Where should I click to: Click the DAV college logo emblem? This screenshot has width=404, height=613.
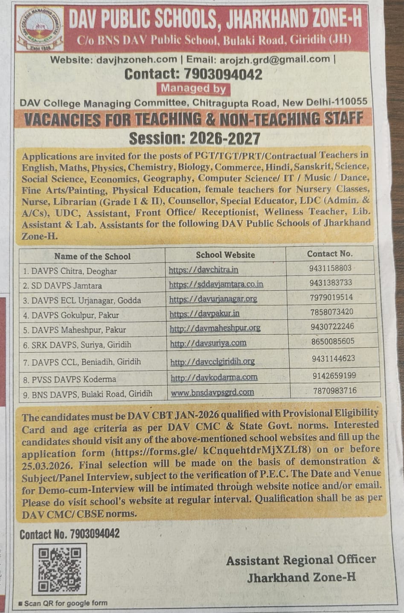click(40, 29)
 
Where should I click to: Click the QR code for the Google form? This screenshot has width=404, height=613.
click(59, 569)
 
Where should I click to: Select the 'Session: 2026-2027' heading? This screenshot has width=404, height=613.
click(195, 138)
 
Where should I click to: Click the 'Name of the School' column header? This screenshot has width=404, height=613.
click(92, 256)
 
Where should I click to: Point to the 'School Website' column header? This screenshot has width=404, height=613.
click(225, 255)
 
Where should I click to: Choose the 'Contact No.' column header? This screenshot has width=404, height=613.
click(330, 254)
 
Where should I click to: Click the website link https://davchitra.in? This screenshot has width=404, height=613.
click(203, 270)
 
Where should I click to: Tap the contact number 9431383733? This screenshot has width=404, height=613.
click(331, 283)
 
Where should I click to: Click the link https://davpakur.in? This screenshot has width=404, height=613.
click(204, 314)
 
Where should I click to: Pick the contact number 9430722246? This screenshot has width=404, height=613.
click(332, 327)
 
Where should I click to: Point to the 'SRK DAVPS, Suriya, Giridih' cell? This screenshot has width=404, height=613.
click(81, 345)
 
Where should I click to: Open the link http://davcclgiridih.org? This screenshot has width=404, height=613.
click(212, 362)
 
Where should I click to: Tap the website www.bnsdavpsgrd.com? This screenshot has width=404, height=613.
click(212, 392)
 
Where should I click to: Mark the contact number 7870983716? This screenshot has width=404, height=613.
click(334, 391)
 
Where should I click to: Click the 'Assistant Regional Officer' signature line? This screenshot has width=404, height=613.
click(301, 560)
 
